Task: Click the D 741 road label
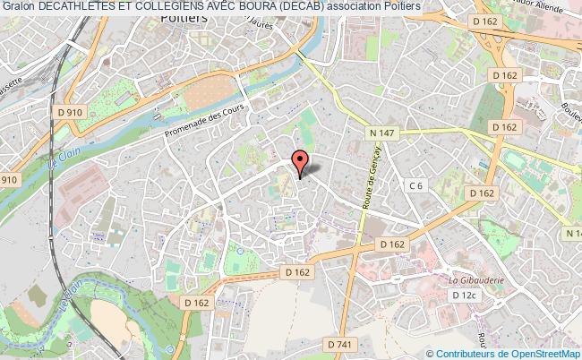[x=339, y=319]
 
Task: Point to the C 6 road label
[x=415, y=185]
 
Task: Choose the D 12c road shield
[x=465, y=295]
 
